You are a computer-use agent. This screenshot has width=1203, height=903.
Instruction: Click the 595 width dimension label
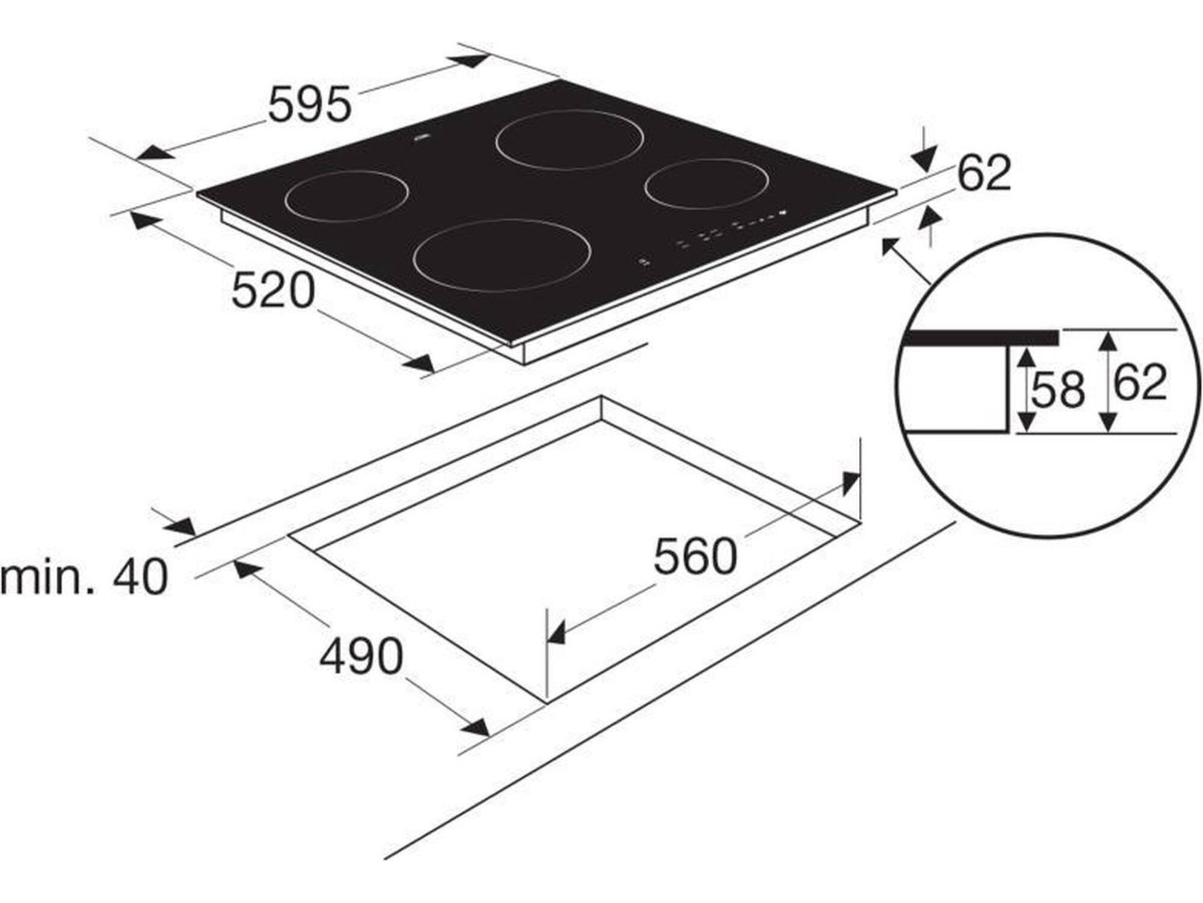pyautogui.click(x=309, y=104)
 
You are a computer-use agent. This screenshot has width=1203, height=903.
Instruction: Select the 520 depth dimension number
pyautogui.click(x=273, y=290)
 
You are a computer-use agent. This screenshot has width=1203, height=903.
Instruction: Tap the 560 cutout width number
pyautogui.click(x=695, y=557)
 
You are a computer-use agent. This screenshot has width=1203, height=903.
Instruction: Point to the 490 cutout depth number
pyautogui.click(x=361, y=656)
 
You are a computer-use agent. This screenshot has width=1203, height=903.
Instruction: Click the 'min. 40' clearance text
pyautogui.click(x=84, y=577)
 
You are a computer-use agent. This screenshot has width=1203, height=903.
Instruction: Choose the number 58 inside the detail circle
pyautogui.click(x=1058, y=389)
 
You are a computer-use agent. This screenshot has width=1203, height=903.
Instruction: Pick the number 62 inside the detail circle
pyautogui.click(x=1140, y=382)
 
